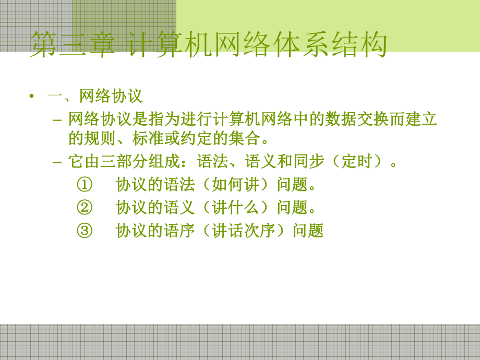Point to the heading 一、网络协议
click(95, 97)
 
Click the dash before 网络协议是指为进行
click(58, 120)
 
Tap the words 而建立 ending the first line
click(414, 120)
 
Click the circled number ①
click(84, 185)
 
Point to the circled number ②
click(84, 208)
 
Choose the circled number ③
click(84, 231)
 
